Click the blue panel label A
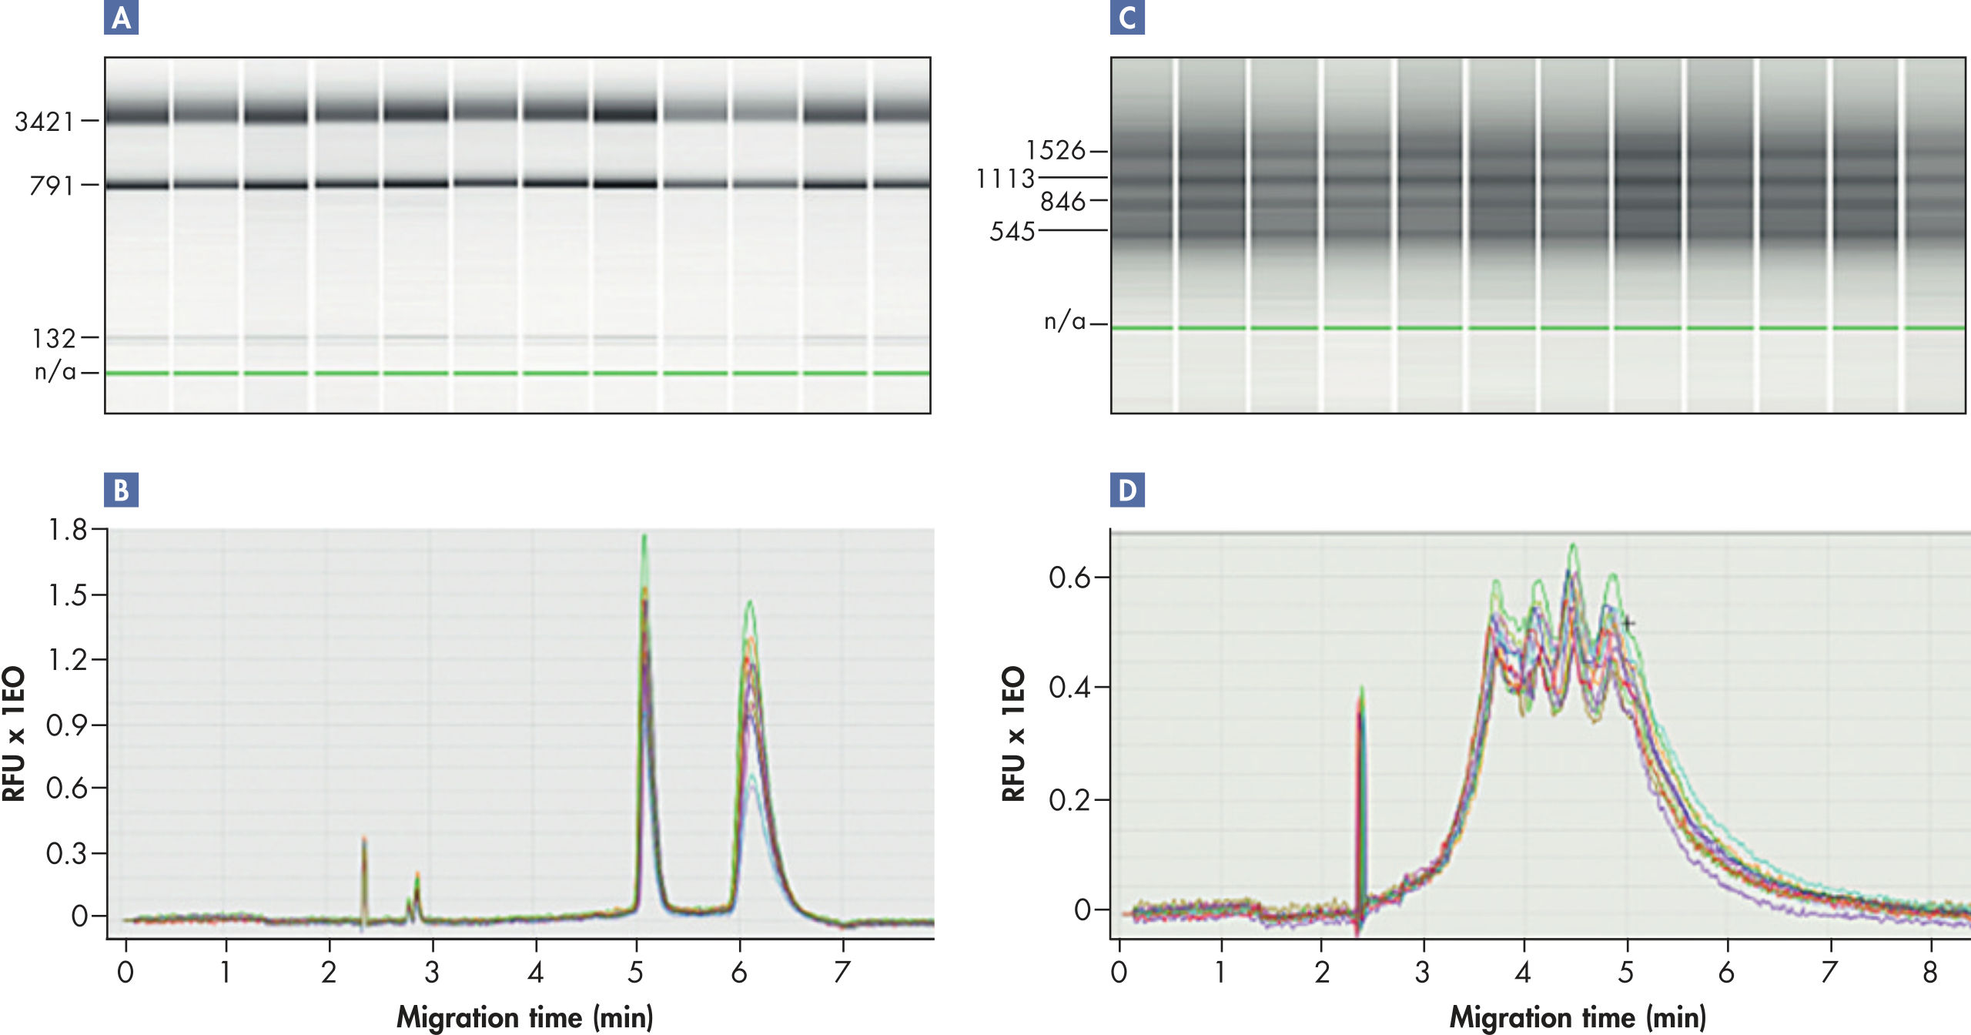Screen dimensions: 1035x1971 [121, 18]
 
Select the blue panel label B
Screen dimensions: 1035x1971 [121, 490]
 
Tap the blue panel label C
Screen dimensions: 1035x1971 [1126, 18]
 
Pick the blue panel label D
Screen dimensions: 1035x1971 [1126, 490]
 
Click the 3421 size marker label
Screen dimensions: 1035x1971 [45, 122]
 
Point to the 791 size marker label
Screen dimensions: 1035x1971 [52, 186]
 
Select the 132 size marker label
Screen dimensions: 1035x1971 [54, 338]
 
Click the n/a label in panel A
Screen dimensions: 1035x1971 [55, 372]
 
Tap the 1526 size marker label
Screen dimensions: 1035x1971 [1055, 151]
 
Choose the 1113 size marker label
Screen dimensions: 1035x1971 [1006, 179]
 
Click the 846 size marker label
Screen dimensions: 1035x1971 [1062, 202]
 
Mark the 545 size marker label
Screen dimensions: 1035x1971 [1012, 231]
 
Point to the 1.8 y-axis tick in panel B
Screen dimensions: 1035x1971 [68, 530]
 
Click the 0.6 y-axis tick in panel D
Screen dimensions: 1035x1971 [1069, 578]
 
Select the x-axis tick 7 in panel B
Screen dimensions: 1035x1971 [842, 973]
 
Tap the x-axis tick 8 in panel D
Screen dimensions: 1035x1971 [1929, 973]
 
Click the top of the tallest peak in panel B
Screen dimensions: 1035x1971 [644, 537]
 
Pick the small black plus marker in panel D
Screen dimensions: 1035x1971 [1628, 622]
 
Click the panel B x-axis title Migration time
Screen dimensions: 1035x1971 [524, 1017]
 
